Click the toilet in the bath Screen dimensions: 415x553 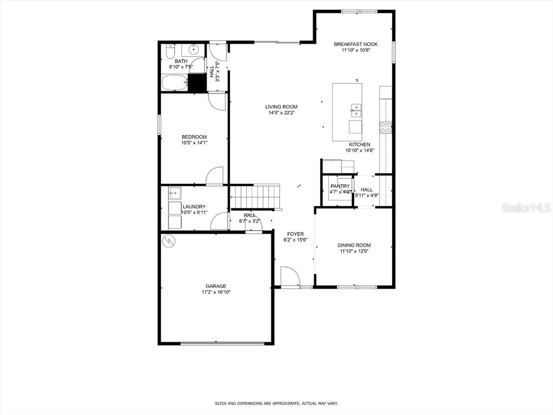169,52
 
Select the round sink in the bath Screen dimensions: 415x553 192,51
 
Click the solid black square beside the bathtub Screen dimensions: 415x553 198,83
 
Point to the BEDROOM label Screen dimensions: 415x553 194,137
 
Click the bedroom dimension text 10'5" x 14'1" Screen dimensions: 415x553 194,143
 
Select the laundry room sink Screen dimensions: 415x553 174,192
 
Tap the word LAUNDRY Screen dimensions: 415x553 194,206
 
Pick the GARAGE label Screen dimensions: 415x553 215,286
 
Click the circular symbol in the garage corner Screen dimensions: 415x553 169,240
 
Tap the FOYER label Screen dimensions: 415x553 295,234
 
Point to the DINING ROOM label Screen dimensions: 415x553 355,245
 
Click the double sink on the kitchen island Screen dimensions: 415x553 355,110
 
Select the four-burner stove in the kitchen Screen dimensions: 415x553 386,128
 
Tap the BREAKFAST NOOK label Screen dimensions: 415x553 355,44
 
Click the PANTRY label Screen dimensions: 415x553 340,186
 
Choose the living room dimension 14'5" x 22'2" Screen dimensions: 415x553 281,113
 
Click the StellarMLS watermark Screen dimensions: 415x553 525,207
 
